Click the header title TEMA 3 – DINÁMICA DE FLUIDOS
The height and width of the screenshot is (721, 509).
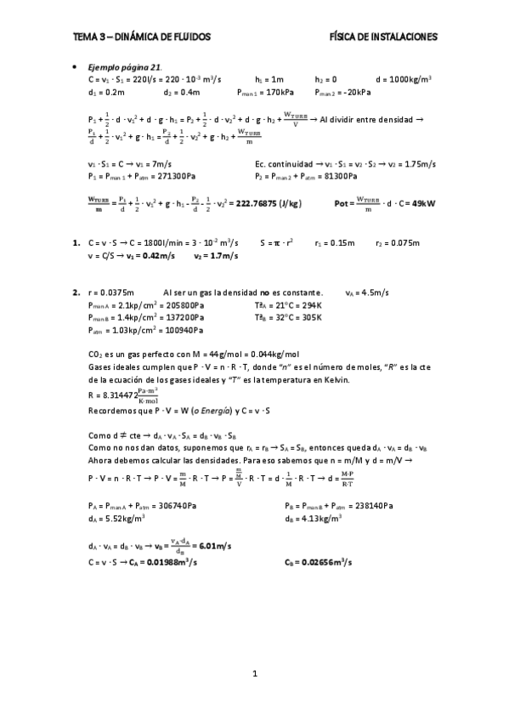click(x=142, y=37)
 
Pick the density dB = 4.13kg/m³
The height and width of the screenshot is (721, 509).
click(x=314, y=518)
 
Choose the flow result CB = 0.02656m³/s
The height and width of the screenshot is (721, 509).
click(x=319, y=562)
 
